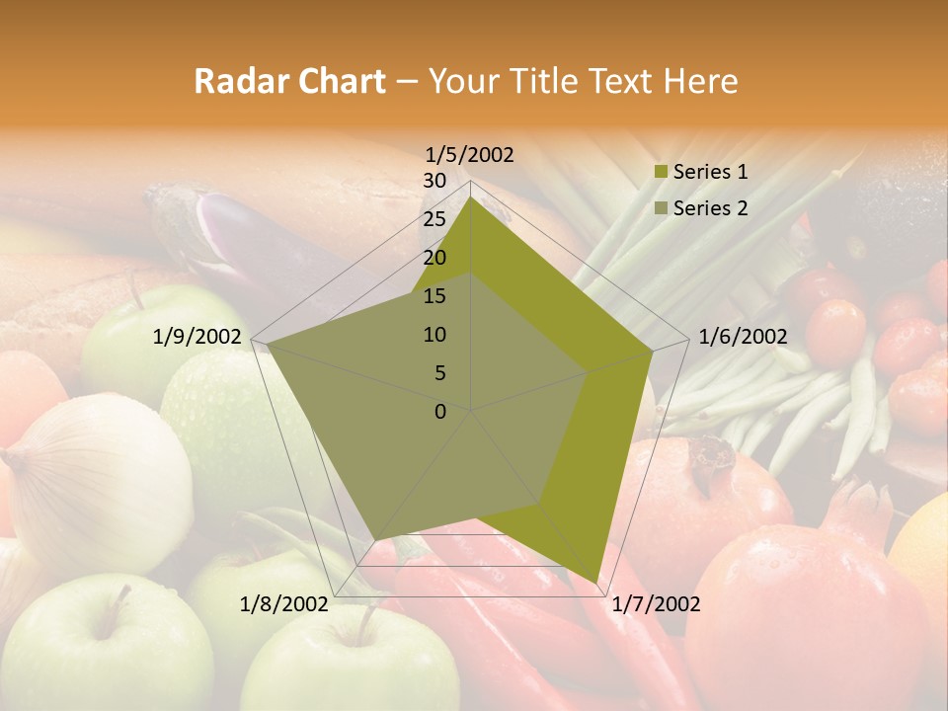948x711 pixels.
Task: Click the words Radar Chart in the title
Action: coord(289,82)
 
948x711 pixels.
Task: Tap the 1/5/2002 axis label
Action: coord(470,154)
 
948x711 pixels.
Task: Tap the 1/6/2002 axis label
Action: coord(743,337)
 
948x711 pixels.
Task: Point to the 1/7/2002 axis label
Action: coord(657,604)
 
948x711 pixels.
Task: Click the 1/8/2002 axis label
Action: coord(284,604)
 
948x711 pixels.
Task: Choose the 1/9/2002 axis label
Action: coord(197,337)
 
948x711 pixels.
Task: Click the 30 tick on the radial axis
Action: coord(434,181)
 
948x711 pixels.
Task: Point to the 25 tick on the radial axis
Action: coord(434,219)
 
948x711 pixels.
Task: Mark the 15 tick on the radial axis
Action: coord(434,296)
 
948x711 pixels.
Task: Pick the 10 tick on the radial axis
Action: coord(434,335)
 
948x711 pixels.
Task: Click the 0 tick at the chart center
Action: coord(440,412)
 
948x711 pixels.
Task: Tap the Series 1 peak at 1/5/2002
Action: coord(471,197)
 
